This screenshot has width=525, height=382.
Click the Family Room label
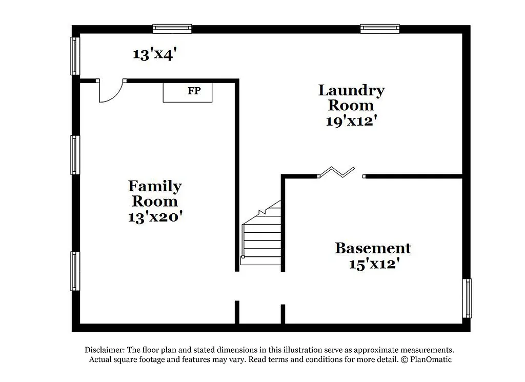click(x=155, y=193)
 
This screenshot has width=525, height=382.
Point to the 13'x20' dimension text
click(x=155, y=217)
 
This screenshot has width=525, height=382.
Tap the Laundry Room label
click(x=351, y=97)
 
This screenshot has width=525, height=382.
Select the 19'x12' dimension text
click(x=351, y=121)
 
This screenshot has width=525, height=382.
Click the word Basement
click(x=373, y=248)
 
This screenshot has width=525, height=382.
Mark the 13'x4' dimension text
click(x=155, y=54)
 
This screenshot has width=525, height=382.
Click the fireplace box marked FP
click(x=188, y=92)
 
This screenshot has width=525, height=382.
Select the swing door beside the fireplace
click(x=111, y=91)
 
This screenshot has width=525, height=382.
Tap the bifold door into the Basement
click(x=336, y=172)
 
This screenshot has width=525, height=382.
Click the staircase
click(x=262, y=236)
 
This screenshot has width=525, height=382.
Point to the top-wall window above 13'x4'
click(x=172, y=29)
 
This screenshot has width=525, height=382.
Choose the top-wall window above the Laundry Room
click(x=379, y=29)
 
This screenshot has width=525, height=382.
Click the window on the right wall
click(x=467, y=298)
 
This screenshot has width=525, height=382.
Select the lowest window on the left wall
click(x=75, y=271)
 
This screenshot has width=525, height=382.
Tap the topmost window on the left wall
click(x=75, y=56)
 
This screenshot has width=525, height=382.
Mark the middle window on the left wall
click(x=75, y=155)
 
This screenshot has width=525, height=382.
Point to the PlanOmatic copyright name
click(x=431, y=359)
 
